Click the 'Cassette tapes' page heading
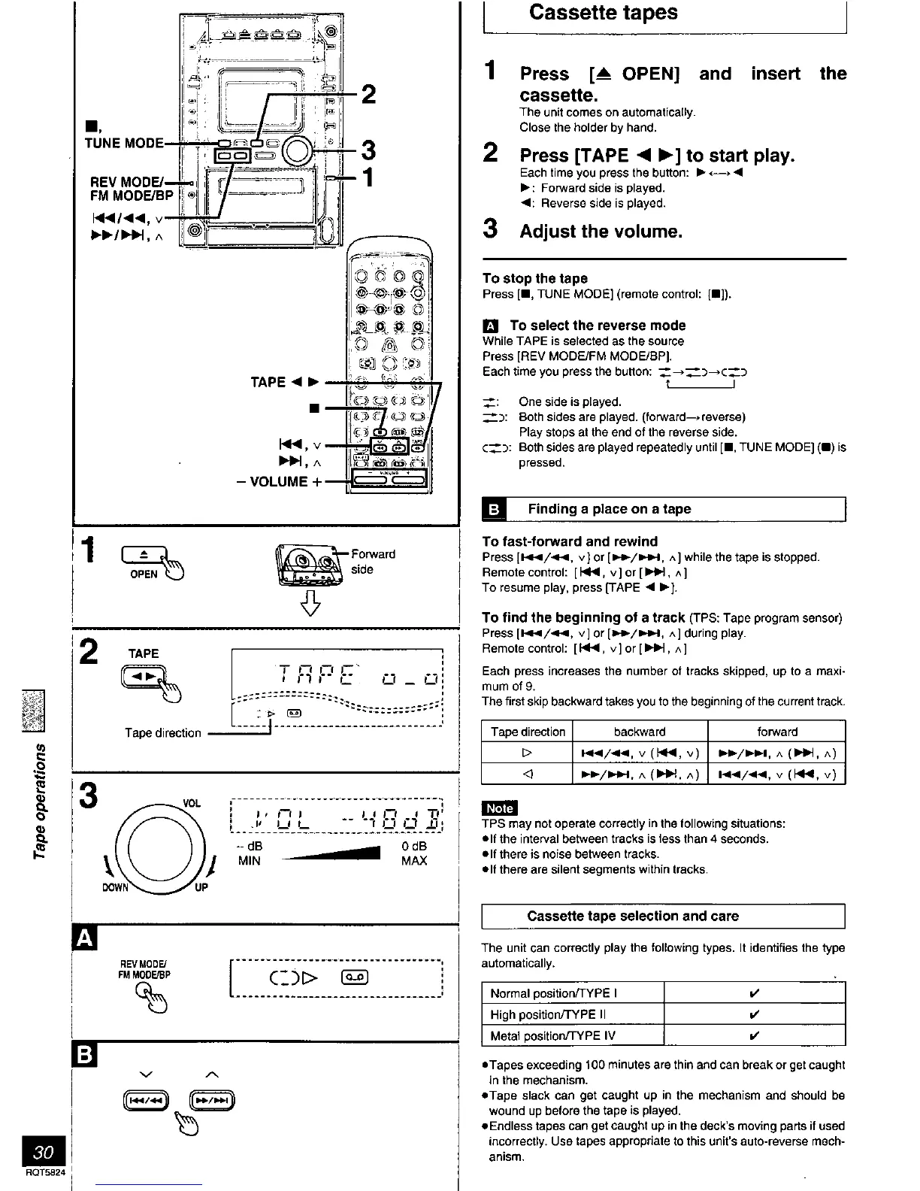603,13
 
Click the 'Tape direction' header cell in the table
527,732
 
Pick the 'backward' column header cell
640,732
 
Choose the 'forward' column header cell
776,732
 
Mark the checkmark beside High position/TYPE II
754,1014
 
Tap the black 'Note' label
499,808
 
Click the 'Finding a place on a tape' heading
609,509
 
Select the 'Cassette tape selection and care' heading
633,916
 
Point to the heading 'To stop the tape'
534,278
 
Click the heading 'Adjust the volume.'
601,232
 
